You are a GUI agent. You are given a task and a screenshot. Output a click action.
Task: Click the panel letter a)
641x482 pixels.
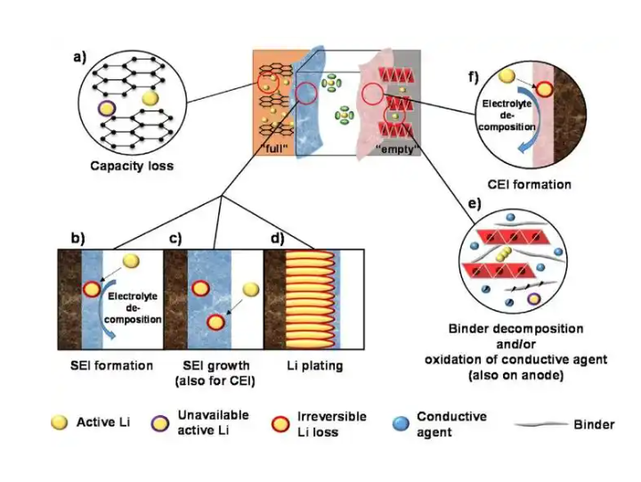click(x=79, y=57)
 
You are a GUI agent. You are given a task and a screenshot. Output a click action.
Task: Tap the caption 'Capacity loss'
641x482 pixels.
click(x=132, y=166)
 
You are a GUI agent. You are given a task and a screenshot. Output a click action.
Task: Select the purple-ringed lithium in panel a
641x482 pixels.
click(x=107, y=109)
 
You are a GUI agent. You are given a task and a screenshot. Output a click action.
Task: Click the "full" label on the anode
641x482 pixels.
click(x=274, y=148)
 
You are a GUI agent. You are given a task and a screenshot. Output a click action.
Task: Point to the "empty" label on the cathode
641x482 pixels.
click(x=397, y=149)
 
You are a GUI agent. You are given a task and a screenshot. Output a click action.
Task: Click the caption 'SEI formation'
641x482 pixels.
click(x=111, y=365)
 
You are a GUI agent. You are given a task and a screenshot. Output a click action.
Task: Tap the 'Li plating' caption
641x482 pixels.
click(x=315, y=365)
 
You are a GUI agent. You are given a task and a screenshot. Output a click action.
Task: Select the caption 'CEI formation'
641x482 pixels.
click(x=530, y=184)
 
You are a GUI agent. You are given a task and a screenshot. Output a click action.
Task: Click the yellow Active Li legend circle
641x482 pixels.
click(x=60, y=422)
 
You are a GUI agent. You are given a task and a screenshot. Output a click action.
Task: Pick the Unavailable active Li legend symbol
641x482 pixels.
click(x=160, y=423)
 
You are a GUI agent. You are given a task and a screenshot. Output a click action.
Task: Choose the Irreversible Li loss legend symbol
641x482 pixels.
click(x=280, y=424)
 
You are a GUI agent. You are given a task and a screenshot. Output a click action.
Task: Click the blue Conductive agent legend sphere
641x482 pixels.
click(x=401, y=424)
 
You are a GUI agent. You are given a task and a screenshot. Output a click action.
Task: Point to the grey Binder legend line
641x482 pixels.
click(x=541, y=424)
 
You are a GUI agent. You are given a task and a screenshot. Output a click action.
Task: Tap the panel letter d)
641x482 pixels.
click(x=278, y=238)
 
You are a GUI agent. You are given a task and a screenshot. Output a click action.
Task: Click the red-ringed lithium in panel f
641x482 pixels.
click(x=544, y=89)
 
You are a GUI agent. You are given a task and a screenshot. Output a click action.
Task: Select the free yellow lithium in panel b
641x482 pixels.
click(x=131, y=261)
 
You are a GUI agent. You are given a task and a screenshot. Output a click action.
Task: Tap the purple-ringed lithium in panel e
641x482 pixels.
click(x=533, y=299)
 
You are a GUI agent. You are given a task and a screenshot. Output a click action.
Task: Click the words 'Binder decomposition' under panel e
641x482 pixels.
click(x=515, y=329)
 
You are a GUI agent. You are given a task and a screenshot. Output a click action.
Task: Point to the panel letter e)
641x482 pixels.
click(x=475, y=203)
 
